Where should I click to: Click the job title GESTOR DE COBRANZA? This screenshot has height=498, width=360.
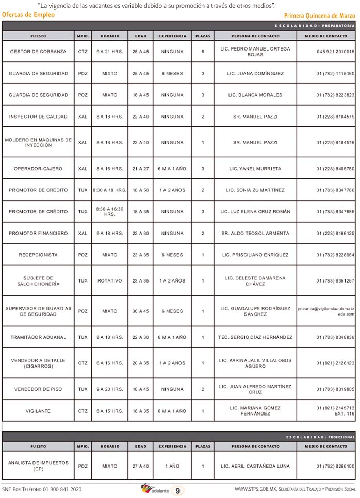[x=38, y=52]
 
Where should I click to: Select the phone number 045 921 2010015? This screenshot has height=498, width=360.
[x=335, y=52]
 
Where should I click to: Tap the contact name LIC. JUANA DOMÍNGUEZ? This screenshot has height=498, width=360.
[x=255, y=74]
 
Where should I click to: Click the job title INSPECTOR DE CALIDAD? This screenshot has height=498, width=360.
[x=38, y=117]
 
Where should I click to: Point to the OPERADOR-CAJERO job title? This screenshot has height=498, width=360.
[x=38, y=169]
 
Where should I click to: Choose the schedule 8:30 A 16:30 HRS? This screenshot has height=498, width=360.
[x=109, y=212]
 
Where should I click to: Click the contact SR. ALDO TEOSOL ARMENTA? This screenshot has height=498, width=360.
[x=255, y=234]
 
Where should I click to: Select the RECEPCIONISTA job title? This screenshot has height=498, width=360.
[x=38, y=255]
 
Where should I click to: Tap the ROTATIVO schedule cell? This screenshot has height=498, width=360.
[x=109, y=281]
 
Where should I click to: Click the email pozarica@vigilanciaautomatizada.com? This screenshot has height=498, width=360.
[x=326, y=311]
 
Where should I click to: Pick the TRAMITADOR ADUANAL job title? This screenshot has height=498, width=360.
[x=38, y=337]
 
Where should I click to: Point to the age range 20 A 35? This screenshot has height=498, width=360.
[x=140, y=363]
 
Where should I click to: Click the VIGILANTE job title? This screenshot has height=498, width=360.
[x=38, y=411]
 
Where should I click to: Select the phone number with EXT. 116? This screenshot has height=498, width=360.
[x=335, y=411]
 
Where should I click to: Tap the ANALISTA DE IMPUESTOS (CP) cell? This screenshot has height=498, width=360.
[x=38, y=466]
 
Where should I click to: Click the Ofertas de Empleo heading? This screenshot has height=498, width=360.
[x=28, y=15]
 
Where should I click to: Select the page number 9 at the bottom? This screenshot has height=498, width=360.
[x=177, y=491]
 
